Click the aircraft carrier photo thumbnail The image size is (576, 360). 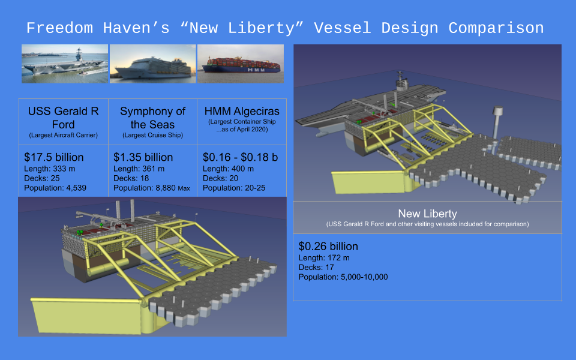[65, 64]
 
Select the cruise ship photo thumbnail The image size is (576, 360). [153, 64]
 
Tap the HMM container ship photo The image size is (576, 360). [241, 64]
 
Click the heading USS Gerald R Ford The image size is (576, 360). [63, 118]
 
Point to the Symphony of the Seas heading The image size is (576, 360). [152, 118]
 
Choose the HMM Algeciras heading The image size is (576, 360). [242, 111]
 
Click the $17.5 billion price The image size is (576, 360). [54, 157]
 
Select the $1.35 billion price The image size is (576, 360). [143, 157]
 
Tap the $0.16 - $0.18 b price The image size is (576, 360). [240, 157]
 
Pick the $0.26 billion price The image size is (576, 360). [328, 246]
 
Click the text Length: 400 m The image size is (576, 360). [228, 169]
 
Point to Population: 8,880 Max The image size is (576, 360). [152, 188]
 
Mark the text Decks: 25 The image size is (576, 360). [42, 178]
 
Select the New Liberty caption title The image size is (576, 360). [428, 214]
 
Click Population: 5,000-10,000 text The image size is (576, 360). [343, 277]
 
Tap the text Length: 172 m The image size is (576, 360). [324, 258]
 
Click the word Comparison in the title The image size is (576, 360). [496, 28]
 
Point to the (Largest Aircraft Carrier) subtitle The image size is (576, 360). [63, 135]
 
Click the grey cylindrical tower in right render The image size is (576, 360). [497, 122]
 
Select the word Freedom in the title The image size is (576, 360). [59, 28]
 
